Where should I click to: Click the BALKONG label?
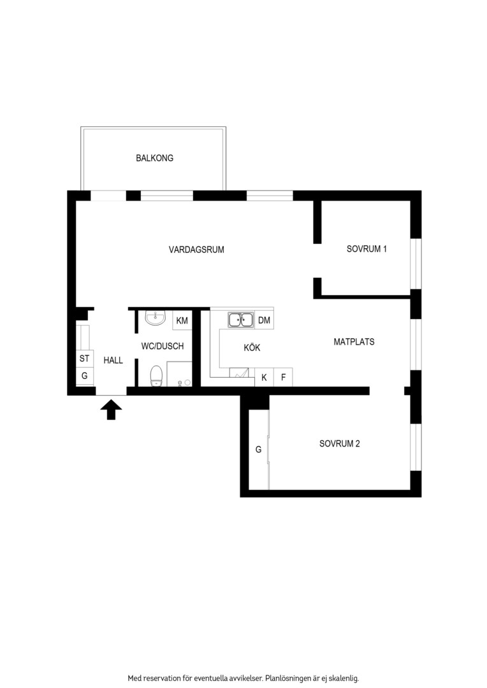point(154,158)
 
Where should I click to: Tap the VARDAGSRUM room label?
point(196,250)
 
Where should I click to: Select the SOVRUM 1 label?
point(367,249)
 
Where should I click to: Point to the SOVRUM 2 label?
point(340,443)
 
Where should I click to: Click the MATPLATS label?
point(354,342)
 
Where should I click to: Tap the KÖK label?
point(252,348)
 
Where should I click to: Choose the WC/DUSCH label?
point(163,346)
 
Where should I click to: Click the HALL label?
point(113,360)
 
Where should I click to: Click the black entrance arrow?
point(111,410)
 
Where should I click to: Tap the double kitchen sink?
point(241,320)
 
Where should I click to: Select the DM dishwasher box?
point(264,320)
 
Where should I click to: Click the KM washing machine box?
point(182,320)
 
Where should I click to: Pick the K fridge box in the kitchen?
point(264,377)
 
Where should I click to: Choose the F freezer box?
point(283,377)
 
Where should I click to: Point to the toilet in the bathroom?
point(157,376)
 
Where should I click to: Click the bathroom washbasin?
point(156,318)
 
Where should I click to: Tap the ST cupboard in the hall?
point(84,359)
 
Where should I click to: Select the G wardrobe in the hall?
point(84,376)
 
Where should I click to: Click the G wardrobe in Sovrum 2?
point(259,449)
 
